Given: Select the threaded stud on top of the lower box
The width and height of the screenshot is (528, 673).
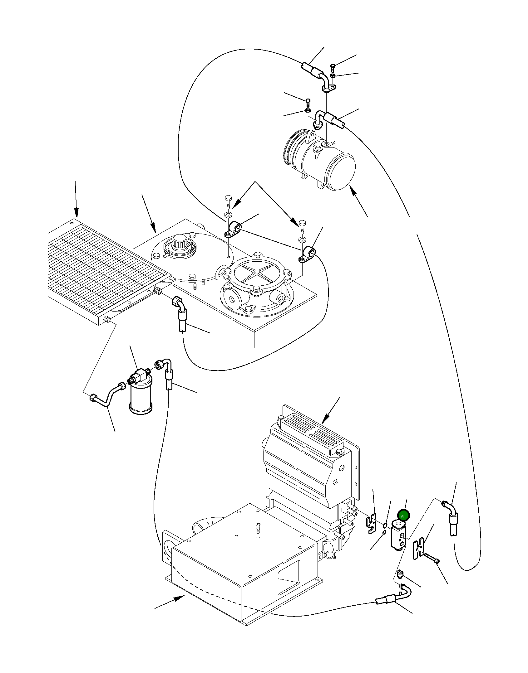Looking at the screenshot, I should tap(258, 530).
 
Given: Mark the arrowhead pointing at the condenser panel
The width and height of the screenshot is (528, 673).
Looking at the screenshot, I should tap(76, 215).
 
